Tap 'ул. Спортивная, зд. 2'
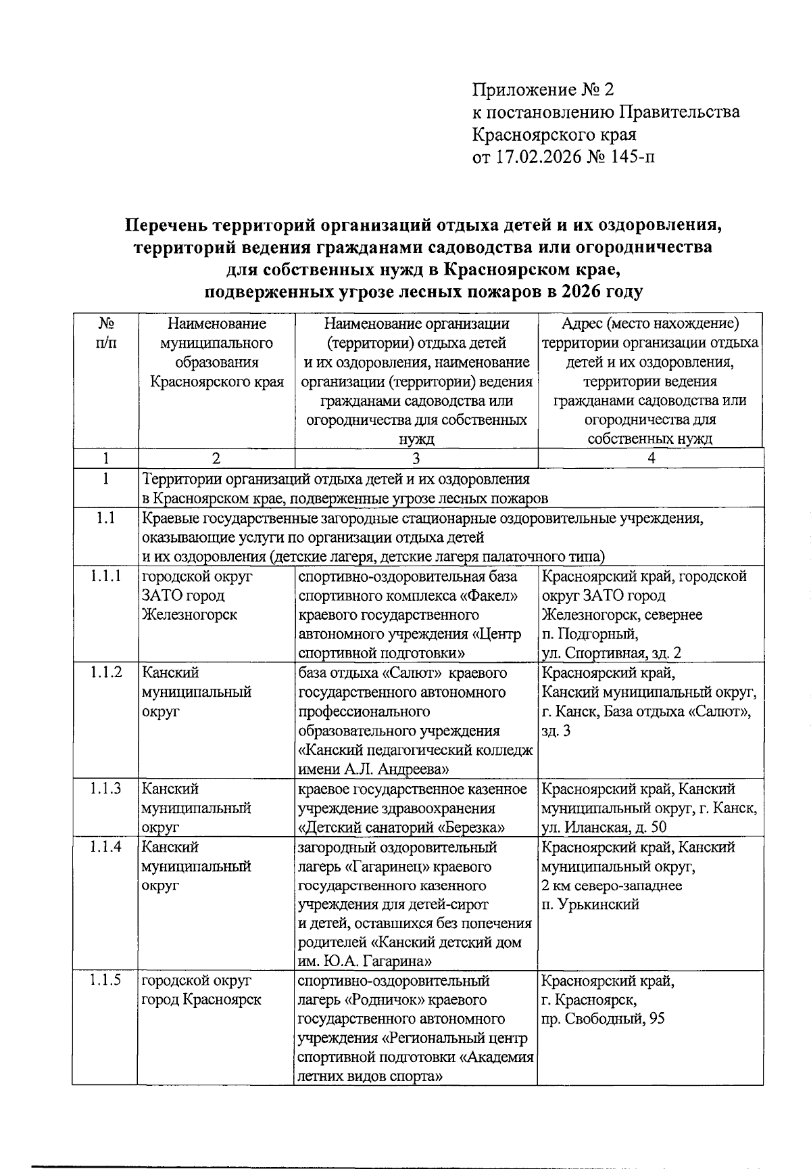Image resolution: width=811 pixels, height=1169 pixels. coord(611,653)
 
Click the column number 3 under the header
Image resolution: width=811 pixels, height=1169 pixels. coord(416,458)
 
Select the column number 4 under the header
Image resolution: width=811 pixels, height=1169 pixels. coord(651,458)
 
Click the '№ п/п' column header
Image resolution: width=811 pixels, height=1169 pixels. coord(105,333)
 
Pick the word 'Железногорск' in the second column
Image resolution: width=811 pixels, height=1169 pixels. coord(189,615)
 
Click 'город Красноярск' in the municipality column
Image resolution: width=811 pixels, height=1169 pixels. coord(201,1000)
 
